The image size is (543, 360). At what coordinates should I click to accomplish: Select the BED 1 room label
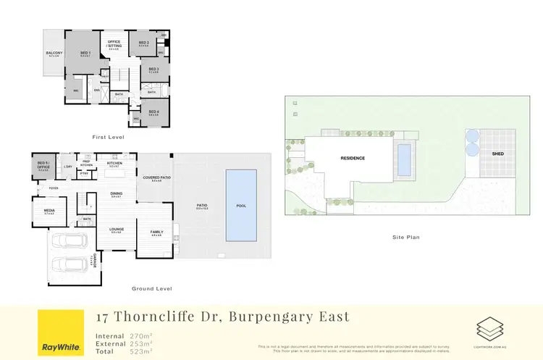pyautogui.click(x=85, y=53)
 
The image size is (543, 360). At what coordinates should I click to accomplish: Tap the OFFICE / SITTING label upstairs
pyautogui.click(x=114, y=43)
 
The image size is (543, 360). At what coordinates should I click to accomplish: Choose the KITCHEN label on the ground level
pyautogui.click(x=114, y=164)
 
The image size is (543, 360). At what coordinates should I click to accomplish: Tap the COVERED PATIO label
pyautogui.click(x=156, y=177)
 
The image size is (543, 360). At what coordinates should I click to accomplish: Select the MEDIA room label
pyautogui.click(x=49, y=212)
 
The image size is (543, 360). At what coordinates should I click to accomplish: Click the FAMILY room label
pyautogui.click(x=156, y=232)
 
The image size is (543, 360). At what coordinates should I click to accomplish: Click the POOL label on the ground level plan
pyautogui.click(x=241, y=206)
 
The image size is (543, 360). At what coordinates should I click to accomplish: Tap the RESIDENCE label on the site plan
pyautogui.click(x=353, y=158)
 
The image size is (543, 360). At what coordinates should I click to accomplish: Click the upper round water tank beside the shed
pyautogui.click(x=473, y=135)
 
